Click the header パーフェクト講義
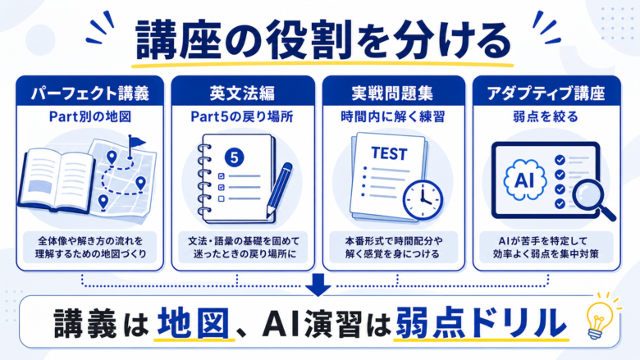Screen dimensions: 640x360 (x=90, y=93)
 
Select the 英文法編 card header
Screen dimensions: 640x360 (x=242, y=93)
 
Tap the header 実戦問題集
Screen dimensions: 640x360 (x=392, y=93)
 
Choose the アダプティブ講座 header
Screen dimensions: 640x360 (x=546, y=93)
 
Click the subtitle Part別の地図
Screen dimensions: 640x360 (x=90, y=117)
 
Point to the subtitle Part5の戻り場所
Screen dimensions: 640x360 (x=242, y=117)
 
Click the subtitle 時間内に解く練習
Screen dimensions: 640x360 (x=393, y=117)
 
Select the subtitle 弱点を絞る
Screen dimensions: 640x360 (x=546, y=117)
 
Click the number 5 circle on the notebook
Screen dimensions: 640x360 (x=235, y=157)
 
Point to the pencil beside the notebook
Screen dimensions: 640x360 (x=279, y=190)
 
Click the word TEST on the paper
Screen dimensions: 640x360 (x=389, y=153)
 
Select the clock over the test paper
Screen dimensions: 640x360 (x=423, y=200)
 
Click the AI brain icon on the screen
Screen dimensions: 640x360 (x=524, y=180)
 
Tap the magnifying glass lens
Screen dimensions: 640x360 (x=588, y=194)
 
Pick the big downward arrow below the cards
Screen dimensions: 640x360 (x=318, y=285)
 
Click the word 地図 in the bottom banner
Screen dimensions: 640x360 (x=193, y=323)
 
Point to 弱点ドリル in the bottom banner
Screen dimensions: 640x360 (x=481, y=323)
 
